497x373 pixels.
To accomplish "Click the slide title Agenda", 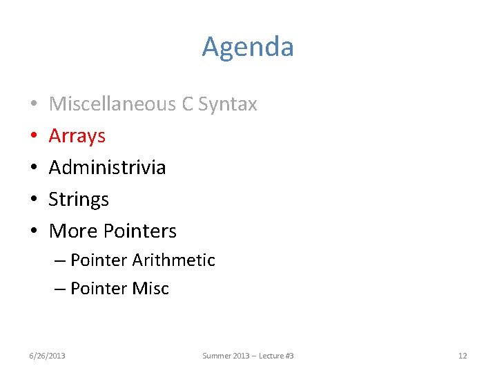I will tap(248, 47).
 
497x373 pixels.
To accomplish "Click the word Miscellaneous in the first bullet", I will tap(112, 104).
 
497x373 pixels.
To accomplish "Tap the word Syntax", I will tap(228, 104).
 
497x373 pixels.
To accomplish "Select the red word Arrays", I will tap(77, 136).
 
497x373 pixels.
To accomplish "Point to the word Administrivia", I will tap(107, 168).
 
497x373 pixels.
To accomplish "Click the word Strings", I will tap(79, 200).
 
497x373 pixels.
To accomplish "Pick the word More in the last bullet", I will tap(73, 231).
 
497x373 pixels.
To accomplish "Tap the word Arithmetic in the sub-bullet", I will tap(173, 260).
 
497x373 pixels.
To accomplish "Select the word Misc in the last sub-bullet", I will tap(153, 289).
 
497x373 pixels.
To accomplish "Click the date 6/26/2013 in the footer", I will tap(47, 356).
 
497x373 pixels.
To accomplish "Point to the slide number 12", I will tap(462, 356).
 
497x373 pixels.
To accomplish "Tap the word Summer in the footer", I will tap(215, 356).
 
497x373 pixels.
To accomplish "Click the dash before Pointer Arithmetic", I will tap(60, 261).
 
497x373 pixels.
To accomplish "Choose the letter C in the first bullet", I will tap(186, 104).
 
